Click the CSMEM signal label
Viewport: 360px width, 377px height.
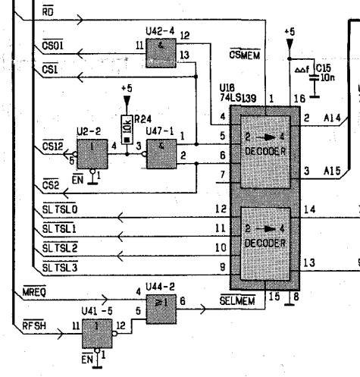[x=243, y=55]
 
